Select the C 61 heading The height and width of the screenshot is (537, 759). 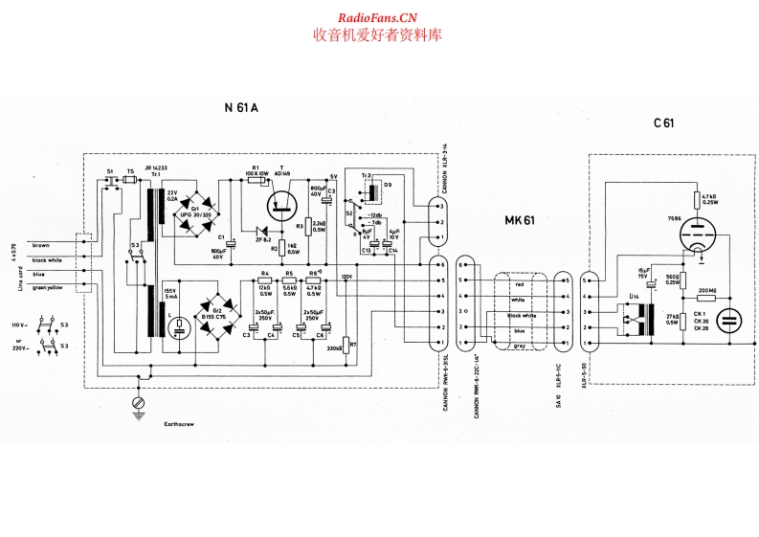pyautogui.click(x=664, y=122)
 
